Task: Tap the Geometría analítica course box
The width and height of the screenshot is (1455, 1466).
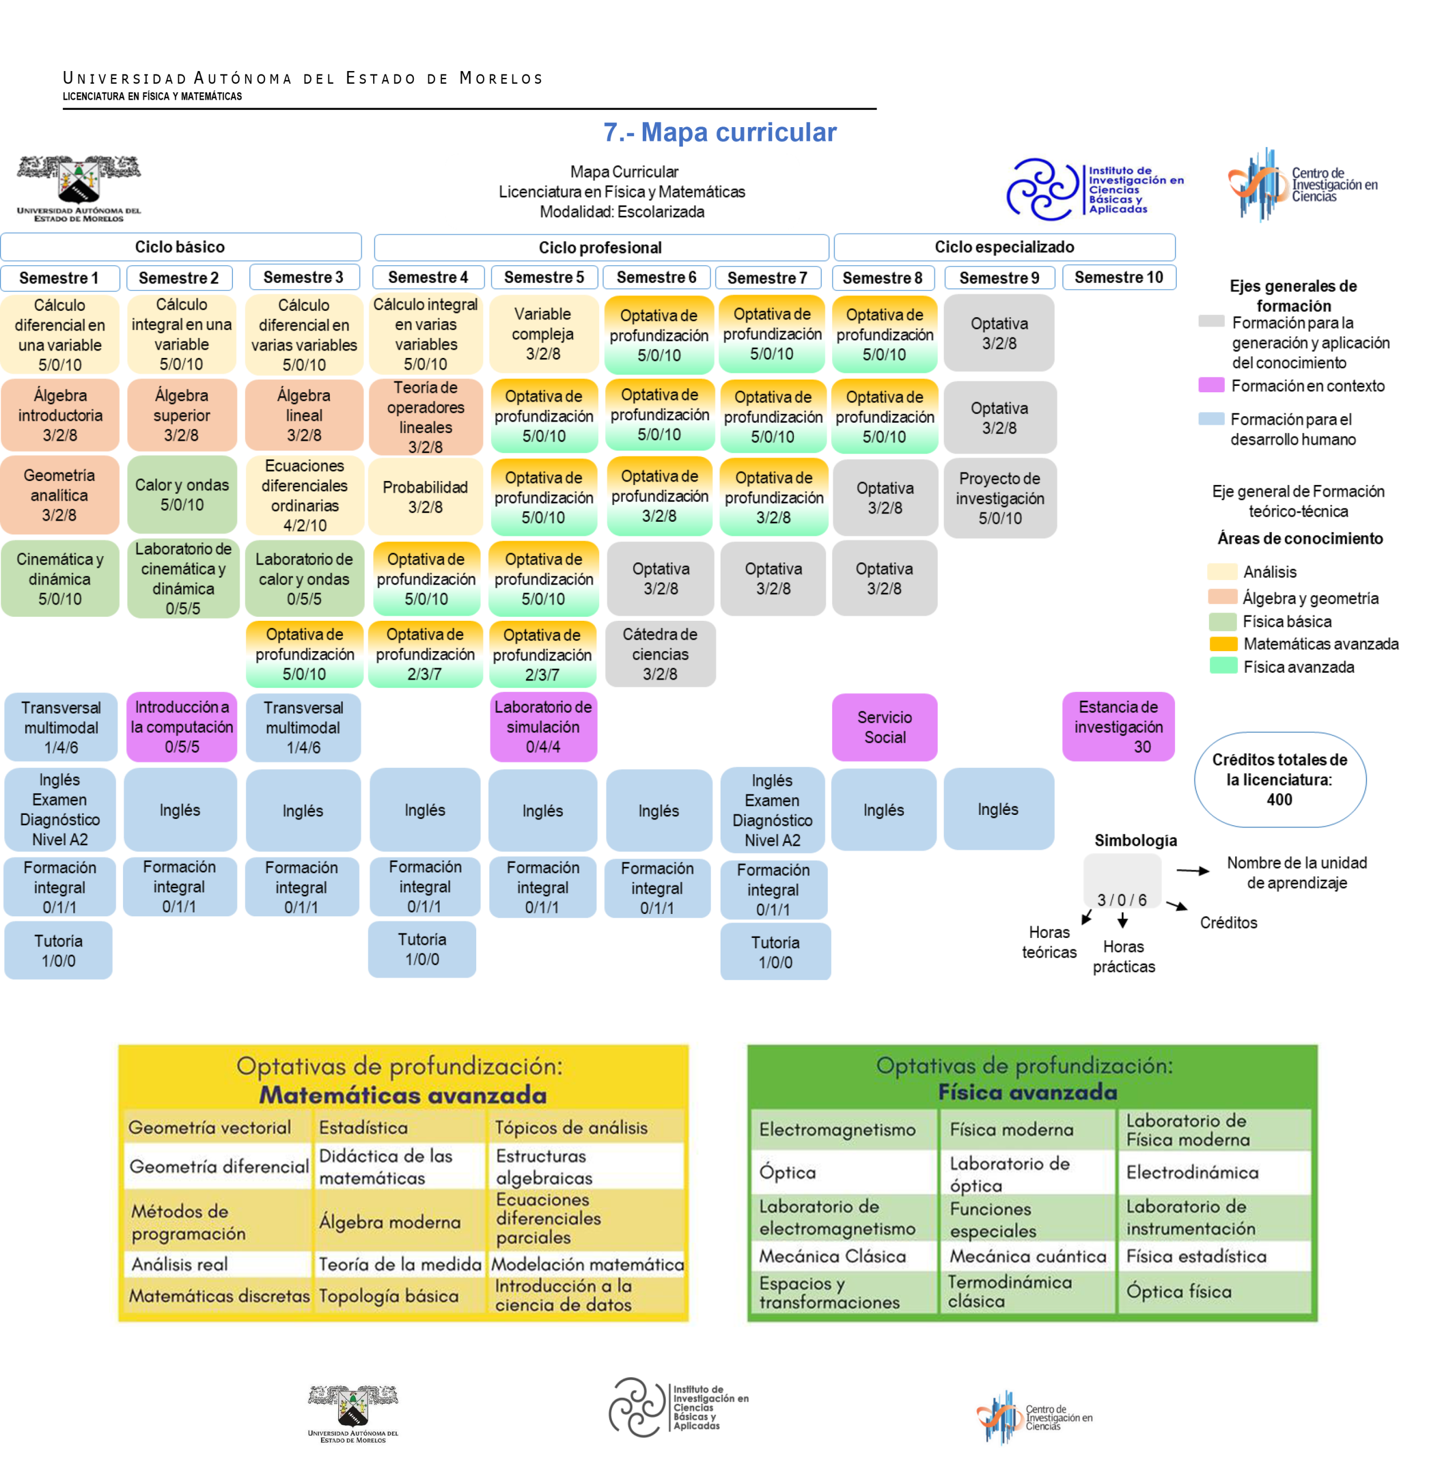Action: pos(59,495)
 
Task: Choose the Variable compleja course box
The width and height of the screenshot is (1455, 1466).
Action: pos(543,334)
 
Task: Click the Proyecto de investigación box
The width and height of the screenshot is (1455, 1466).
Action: pos(1000,498)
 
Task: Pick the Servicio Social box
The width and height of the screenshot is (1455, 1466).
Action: pos(884,727)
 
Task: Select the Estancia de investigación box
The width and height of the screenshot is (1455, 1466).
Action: pos(1118,726)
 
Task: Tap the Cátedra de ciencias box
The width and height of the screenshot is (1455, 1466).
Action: pos(660,653)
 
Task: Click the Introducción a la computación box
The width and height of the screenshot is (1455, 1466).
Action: pos(181,726)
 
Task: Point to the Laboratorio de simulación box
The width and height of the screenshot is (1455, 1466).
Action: pos(543,726)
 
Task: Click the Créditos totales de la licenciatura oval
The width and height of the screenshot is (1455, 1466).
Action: pos(1280,779)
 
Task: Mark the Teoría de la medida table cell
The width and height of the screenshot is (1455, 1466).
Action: pos(399,1264)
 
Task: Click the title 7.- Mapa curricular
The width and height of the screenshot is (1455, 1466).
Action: pos(720,132)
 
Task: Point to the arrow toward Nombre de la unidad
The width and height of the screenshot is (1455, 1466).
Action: pos(1192,870)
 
